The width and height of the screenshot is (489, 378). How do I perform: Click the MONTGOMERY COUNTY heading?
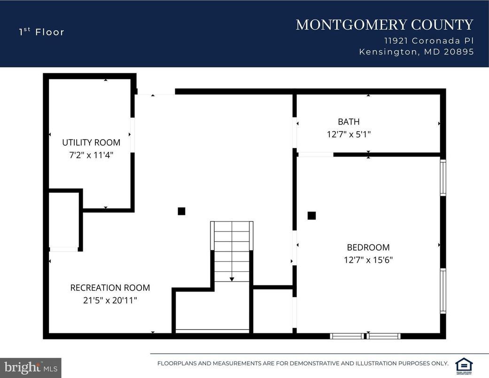point(384,24)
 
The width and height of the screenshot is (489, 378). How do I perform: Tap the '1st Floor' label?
point(41,32)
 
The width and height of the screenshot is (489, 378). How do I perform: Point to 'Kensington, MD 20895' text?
point(416,52)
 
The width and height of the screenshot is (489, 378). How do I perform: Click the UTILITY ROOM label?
point(91,142)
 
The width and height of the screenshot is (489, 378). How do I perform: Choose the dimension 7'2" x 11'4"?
point(91,154)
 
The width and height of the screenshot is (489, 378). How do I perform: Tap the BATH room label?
point(349,122)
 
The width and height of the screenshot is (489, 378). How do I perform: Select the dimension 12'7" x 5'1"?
point(349,134)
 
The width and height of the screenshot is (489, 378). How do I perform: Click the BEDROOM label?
point(368,247)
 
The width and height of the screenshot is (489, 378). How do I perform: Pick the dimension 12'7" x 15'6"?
point(368,260)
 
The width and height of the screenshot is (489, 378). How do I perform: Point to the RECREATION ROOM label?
point(110,288)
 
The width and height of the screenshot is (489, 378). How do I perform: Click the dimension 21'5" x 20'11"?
point(110,300)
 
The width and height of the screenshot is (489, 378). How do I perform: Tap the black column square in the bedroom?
point(311,216)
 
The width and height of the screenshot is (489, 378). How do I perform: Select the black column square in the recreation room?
point(181,211)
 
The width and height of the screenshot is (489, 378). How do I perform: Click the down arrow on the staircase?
point(232,279)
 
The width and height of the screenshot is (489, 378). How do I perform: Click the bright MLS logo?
point(31,367)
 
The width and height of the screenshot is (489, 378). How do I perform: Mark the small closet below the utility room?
point(64,220)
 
